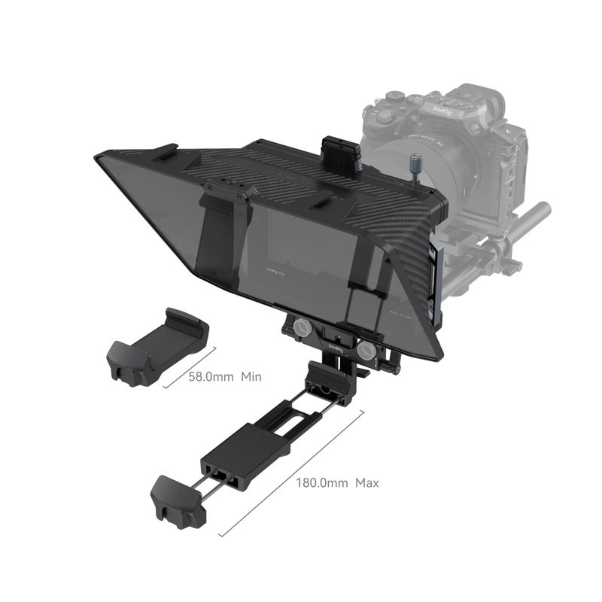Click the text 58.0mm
[x=212, y=376]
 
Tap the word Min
[x=251, y=376]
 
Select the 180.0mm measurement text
[x=321, y=482]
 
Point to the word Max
[x=367, y=482]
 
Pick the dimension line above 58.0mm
[x=188, y=366]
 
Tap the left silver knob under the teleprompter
[x=298, y=327]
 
